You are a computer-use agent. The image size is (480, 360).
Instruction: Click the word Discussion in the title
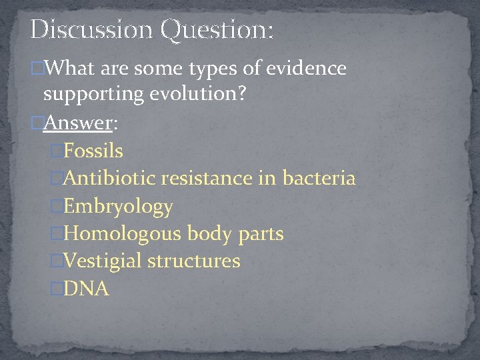click(90, 29)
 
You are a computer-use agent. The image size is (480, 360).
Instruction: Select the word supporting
click(93, 95)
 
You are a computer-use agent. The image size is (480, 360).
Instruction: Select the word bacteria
click(319, 178)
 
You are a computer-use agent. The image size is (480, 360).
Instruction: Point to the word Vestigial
click(103, 261)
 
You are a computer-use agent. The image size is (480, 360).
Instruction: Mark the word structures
click(194, 261)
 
